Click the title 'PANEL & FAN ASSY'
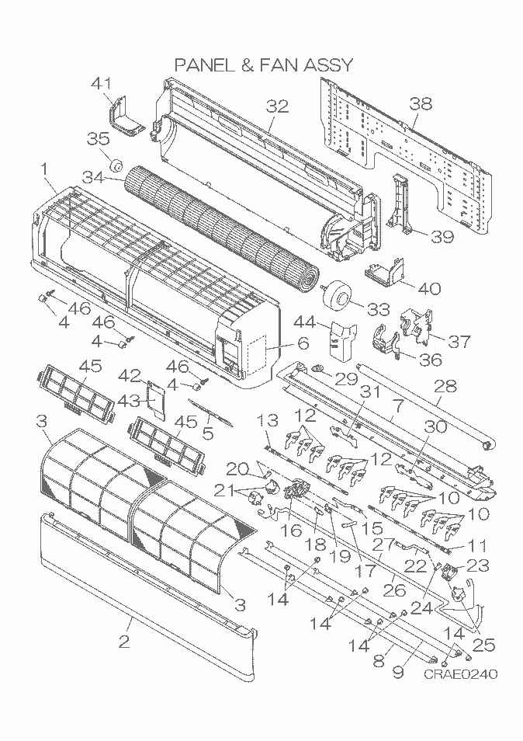click(263, 64)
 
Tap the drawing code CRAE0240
click(460, 673)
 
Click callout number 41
click(102, 83)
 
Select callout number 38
click(420, 103)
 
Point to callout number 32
click(277, 106)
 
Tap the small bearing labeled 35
click(115, 166)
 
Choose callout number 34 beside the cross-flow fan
click(92, 178)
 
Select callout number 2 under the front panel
click(123, 642)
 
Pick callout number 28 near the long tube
click(445, 387)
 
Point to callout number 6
click(303, 342)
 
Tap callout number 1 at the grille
click(45, 169)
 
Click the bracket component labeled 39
click(399, 206)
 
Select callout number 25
click(483, 645)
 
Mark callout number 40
click(430, 288)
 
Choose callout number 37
click(459, 341)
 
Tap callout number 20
click(237, 469)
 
